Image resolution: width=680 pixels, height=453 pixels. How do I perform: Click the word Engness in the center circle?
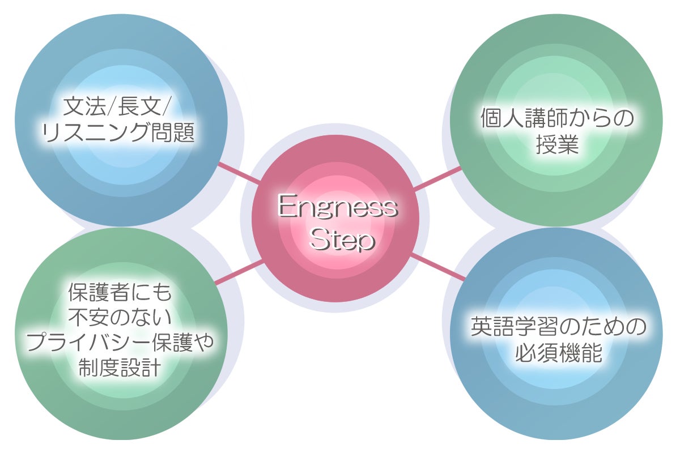point(338,208)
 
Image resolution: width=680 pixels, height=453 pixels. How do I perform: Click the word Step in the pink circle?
point(343,240)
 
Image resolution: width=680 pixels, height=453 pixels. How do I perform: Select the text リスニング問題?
point(119,134)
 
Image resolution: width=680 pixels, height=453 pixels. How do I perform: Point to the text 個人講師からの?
point(556,119)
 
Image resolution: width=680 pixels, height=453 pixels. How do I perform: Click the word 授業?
point(556,146)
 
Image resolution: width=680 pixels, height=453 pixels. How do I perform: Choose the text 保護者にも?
point(119,293)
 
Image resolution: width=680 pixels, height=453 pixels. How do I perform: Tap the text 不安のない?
point(119,317)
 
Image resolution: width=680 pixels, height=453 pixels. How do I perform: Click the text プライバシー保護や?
point(119,341)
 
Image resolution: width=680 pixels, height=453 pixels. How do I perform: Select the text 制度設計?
point(119,367)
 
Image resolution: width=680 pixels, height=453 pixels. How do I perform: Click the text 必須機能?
point(558,354)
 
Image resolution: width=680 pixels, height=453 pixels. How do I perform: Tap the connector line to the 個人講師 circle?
point(437,177)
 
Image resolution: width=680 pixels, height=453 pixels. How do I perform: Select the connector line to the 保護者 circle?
point(238,272)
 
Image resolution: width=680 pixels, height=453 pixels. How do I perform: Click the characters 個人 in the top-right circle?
point(501,119)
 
